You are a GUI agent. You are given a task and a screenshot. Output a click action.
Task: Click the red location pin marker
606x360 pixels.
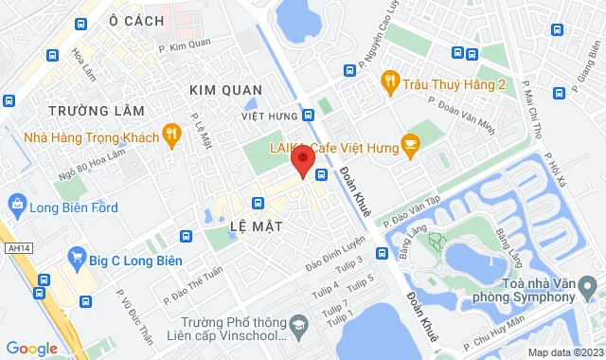pos(302,163)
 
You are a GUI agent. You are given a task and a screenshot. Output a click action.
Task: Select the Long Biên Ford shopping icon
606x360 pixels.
pos(16,203)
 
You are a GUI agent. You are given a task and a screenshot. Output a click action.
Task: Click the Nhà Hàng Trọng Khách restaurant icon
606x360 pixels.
pos(171,134)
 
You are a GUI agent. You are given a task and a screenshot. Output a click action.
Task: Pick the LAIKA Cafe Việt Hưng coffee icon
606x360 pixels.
pos(410,143)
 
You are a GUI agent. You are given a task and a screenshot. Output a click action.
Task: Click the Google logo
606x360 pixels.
pos(31,349)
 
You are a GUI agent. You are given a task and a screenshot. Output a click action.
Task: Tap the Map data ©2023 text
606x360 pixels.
pos(565,352)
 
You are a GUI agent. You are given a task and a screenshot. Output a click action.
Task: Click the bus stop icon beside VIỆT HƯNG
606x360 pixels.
pos(309,116)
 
